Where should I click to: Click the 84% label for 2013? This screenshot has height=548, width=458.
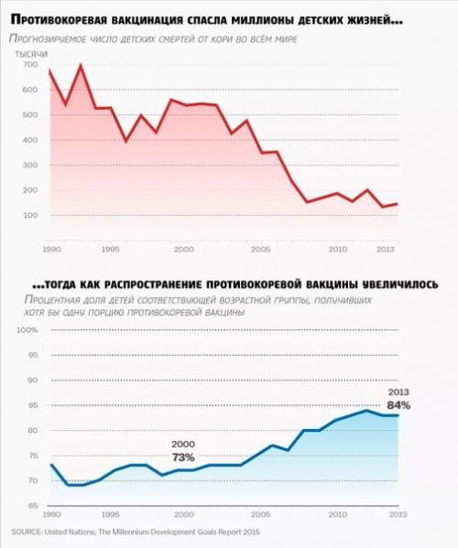coord(398,404)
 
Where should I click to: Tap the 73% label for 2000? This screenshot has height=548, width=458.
coord(183,456)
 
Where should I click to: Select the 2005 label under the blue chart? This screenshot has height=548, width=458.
coord(262,515)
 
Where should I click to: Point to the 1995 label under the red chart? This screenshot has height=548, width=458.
coord(111,248)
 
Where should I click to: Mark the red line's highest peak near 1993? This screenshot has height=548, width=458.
coord(81,66)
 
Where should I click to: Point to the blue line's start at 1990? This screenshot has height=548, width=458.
coord(50,465)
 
